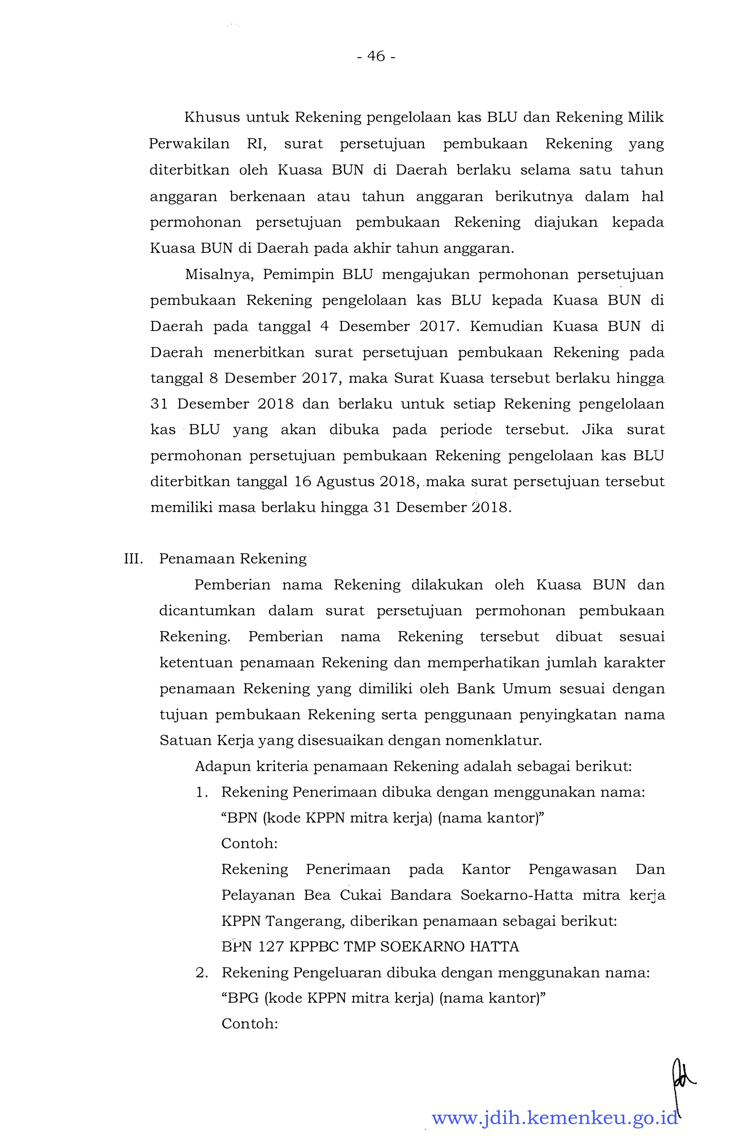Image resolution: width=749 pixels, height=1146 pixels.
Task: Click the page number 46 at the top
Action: [x=376, y=57]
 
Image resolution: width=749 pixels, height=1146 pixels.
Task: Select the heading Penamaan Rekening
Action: [x=233, y=559]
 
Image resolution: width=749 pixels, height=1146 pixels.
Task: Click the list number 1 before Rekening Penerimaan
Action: [x=202, y=793]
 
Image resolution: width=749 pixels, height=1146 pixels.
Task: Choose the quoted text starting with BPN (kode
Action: [x=382, y=818]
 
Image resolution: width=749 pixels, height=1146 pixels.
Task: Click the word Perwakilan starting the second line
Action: [x=189, y=144]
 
